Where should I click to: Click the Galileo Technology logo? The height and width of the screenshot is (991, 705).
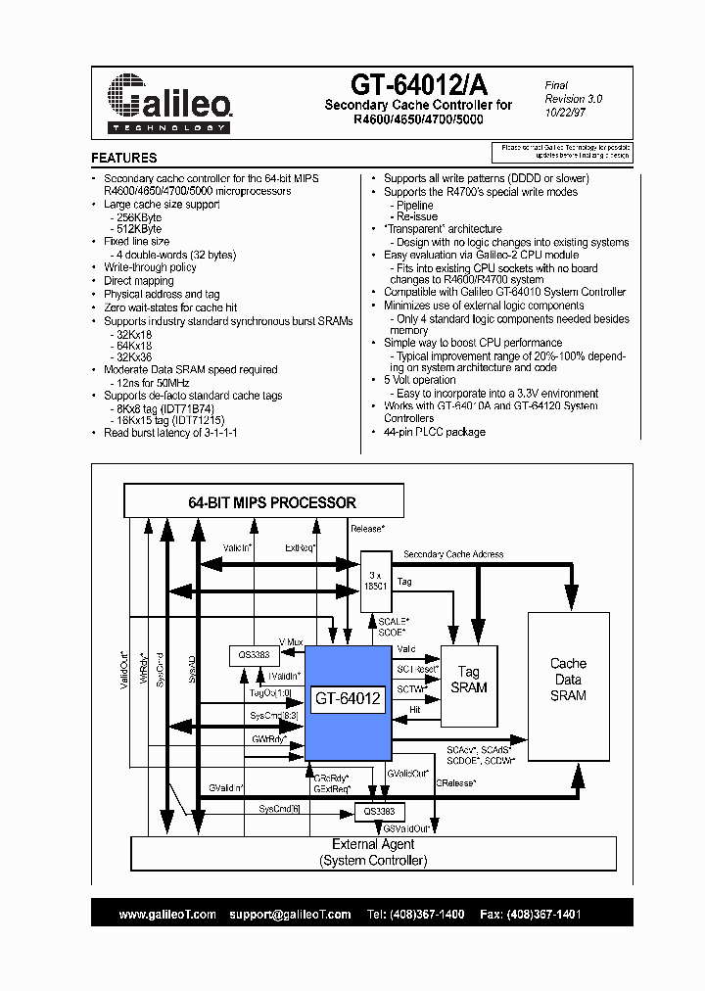tap(168, 101)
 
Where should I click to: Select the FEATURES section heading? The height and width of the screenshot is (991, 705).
tap(124, 158)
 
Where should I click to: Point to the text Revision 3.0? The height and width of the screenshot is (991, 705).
tap(574, 99)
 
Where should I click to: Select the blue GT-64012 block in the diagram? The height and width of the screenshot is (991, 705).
tap(348, 698)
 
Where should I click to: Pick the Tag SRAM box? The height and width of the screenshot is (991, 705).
tap(468, 680)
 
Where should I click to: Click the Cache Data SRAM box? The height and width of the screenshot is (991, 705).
tap(568, 680)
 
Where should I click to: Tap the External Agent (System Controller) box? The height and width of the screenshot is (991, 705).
tap(373, 852)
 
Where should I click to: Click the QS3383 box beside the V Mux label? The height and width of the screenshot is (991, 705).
tap(255, 655)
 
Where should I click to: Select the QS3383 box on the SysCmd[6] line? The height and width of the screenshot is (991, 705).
tap(379, 811)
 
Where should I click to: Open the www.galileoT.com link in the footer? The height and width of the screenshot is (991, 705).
tap(167, 914)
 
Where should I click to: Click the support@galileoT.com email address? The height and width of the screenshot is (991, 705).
tap(290, 914)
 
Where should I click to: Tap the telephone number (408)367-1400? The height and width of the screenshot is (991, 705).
tap(429, 914)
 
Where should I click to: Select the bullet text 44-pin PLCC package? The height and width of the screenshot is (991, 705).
tap(434, 432)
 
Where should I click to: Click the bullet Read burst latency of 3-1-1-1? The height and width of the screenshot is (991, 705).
tap(170, 432)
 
